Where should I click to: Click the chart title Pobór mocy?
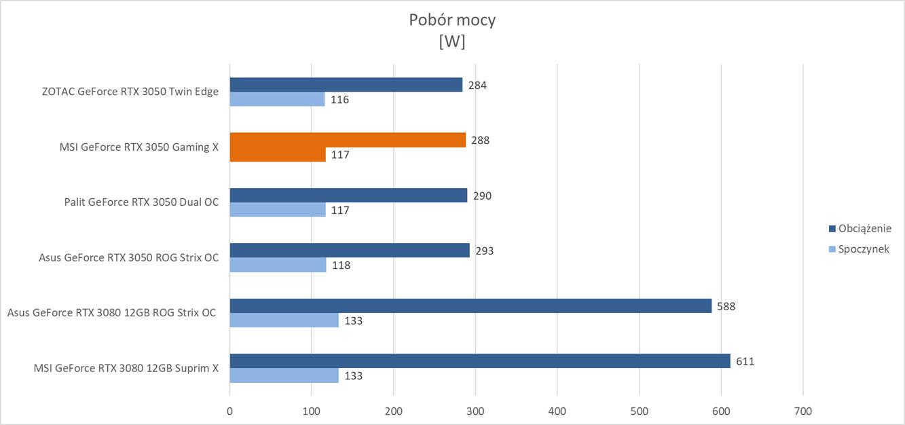[x=452, y=20]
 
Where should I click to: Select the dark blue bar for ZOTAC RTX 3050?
[x=346, y=85]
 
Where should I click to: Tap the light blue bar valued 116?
[x=277, y=99]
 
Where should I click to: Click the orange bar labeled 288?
[x=348, y=140]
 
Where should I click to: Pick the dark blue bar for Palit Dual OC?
[x=348, y=196]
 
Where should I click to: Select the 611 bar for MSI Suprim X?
[x=479, y=361]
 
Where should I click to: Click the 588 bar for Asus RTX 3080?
[x=470, y=306]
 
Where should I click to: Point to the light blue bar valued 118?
[x=278, y=265]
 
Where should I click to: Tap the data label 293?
[x=484, y=251]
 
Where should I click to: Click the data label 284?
[x=477, y=86]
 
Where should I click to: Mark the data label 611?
[x=745, y=361]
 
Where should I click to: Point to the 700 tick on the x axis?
[x=802, y=411]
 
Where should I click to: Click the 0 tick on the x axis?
[x=229, y=411]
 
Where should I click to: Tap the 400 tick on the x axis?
[x=557, y=411]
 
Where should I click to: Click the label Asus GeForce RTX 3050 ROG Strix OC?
[x=129, y=257]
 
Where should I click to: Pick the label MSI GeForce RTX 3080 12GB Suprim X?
[x=126, y=368]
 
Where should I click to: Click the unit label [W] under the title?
[x=452, y=41]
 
